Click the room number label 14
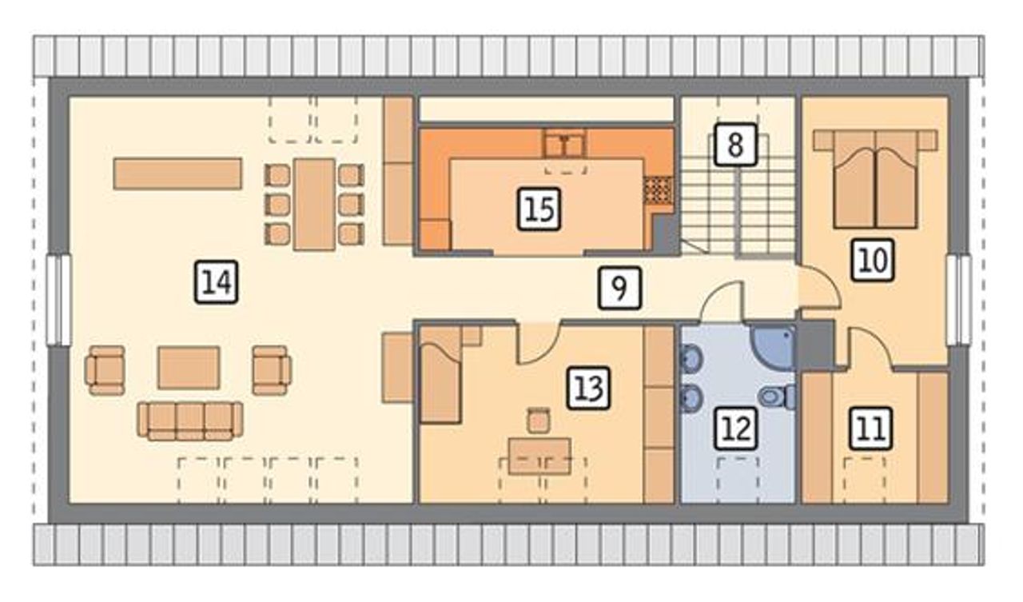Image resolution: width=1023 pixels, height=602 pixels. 216,282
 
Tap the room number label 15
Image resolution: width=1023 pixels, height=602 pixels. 539,209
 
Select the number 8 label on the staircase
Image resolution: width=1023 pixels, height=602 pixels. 735,145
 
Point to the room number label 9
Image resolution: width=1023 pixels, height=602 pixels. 619,289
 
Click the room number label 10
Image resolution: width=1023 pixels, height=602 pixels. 872,260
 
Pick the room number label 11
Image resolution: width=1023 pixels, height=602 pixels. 870,429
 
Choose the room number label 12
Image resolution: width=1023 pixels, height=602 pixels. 736,429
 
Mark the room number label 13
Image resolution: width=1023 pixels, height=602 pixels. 588,388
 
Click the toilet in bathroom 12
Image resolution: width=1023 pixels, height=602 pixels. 778,397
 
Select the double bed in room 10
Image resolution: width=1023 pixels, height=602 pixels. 875,178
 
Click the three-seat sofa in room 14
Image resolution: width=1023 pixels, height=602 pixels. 190,421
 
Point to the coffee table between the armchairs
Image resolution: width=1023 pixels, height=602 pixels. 189,368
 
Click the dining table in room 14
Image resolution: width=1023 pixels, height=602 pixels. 314,204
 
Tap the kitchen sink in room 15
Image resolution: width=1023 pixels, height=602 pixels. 565,143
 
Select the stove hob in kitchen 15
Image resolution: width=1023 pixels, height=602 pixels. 659,190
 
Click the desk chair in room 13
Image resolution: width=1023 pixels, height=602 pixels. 539,421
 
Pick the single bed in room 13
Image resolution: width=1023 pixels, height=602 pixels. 440,374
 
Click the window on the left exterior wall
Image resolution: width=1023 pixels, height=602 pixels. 59,300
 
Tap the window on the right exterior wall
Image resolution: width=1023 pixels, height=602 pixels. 958,300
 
